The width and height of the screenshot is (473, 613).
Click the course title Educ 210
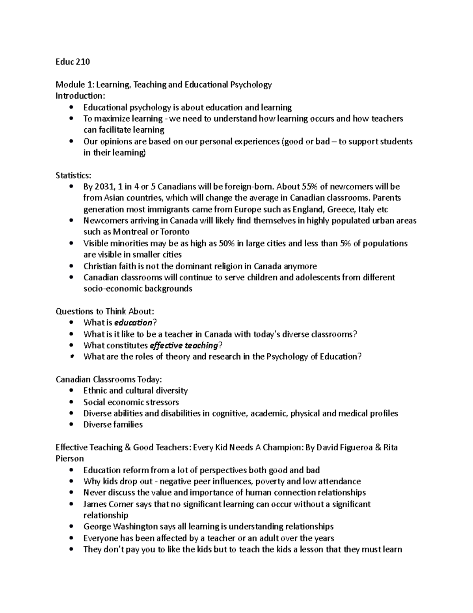click(x=73, y=62)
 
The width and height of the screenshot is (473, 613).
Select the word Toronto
click(x=175, y=232)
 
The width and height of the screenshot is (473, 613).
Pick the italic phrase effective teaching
click(x=184, y=345)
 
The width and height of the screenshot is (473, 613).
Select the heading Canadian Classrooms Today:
click(x=108, y=379)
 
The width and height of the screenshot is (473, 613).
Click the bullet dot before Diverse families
click(x=71, y=425)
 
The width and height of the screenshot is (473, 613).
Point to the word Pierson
click(x=70, y=459)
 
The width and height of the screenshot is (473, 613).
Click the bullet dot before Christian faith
click(x=71, y=266)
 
